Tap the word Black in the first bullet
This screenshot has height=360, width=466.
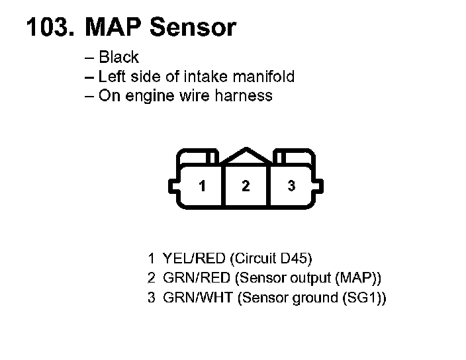(118, 58)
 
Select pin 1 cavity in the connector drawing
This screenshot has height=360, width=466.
(202, 186)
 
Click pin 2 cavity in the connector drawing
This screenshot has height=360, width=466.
(246, 186)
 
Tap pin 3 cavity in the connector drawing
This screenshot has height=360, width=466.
(291, 186)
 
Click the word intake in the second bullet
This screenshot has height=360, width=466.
(200, 77)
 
